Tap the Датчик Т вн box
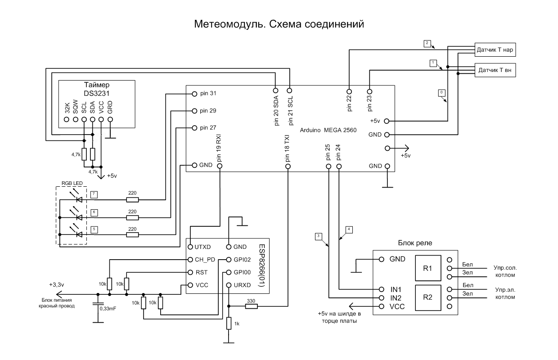click(x=495, y=71)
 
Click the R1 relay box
click(x=427, y=268)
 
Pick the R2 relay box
click(x=427, y=297)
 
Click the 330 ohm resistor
click(x=251, y=306)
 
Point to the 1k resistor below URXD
click(x=229, y=323)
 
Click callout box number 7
click(x=94, y=194)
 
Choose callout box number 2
click(x=427, y=44)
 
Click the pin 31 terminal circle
click(x=194, y=94)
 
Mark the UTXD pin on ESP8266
click(x=190, y=247)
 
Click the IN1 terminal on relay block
click(x=382, y=289)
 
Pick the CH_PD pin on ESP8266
click(x=190, y=260)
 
